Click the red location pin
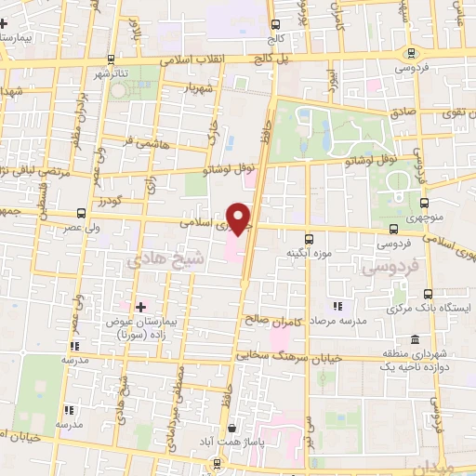[240, 218]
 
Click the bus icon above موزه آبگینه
[309, 238]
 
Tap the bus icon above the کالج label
[275, 27]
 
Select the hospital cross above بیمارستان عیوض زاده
[140, 306]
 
